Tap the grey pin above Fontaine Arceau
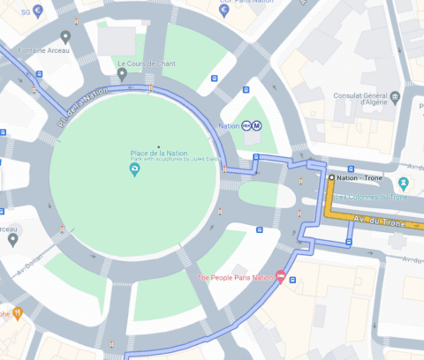pyautogui.click(x=65, y=36)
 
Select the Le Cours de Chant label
pyautogui.click(x=148, y=64)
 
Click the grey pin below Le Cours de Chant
pyautogui.click(x=122, y=74)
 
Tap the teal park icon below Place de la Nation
pyautogui.click(x=135, y=169)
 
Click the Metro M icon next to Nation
pyautogui.click(x=256, y=126)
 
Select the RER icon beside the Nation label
pyautogui.click(x=246, y=126)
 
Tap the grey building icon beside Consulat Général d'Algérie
pyautogui.click(x=396, y=96)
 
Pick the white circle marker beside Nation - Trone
pyautogui.click(x=331, y=178)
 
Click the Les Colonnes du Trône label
pyautogui.click(x=369, y=196)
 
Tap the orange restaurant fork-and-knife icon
pyautogui.click(x=15, y=312)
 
